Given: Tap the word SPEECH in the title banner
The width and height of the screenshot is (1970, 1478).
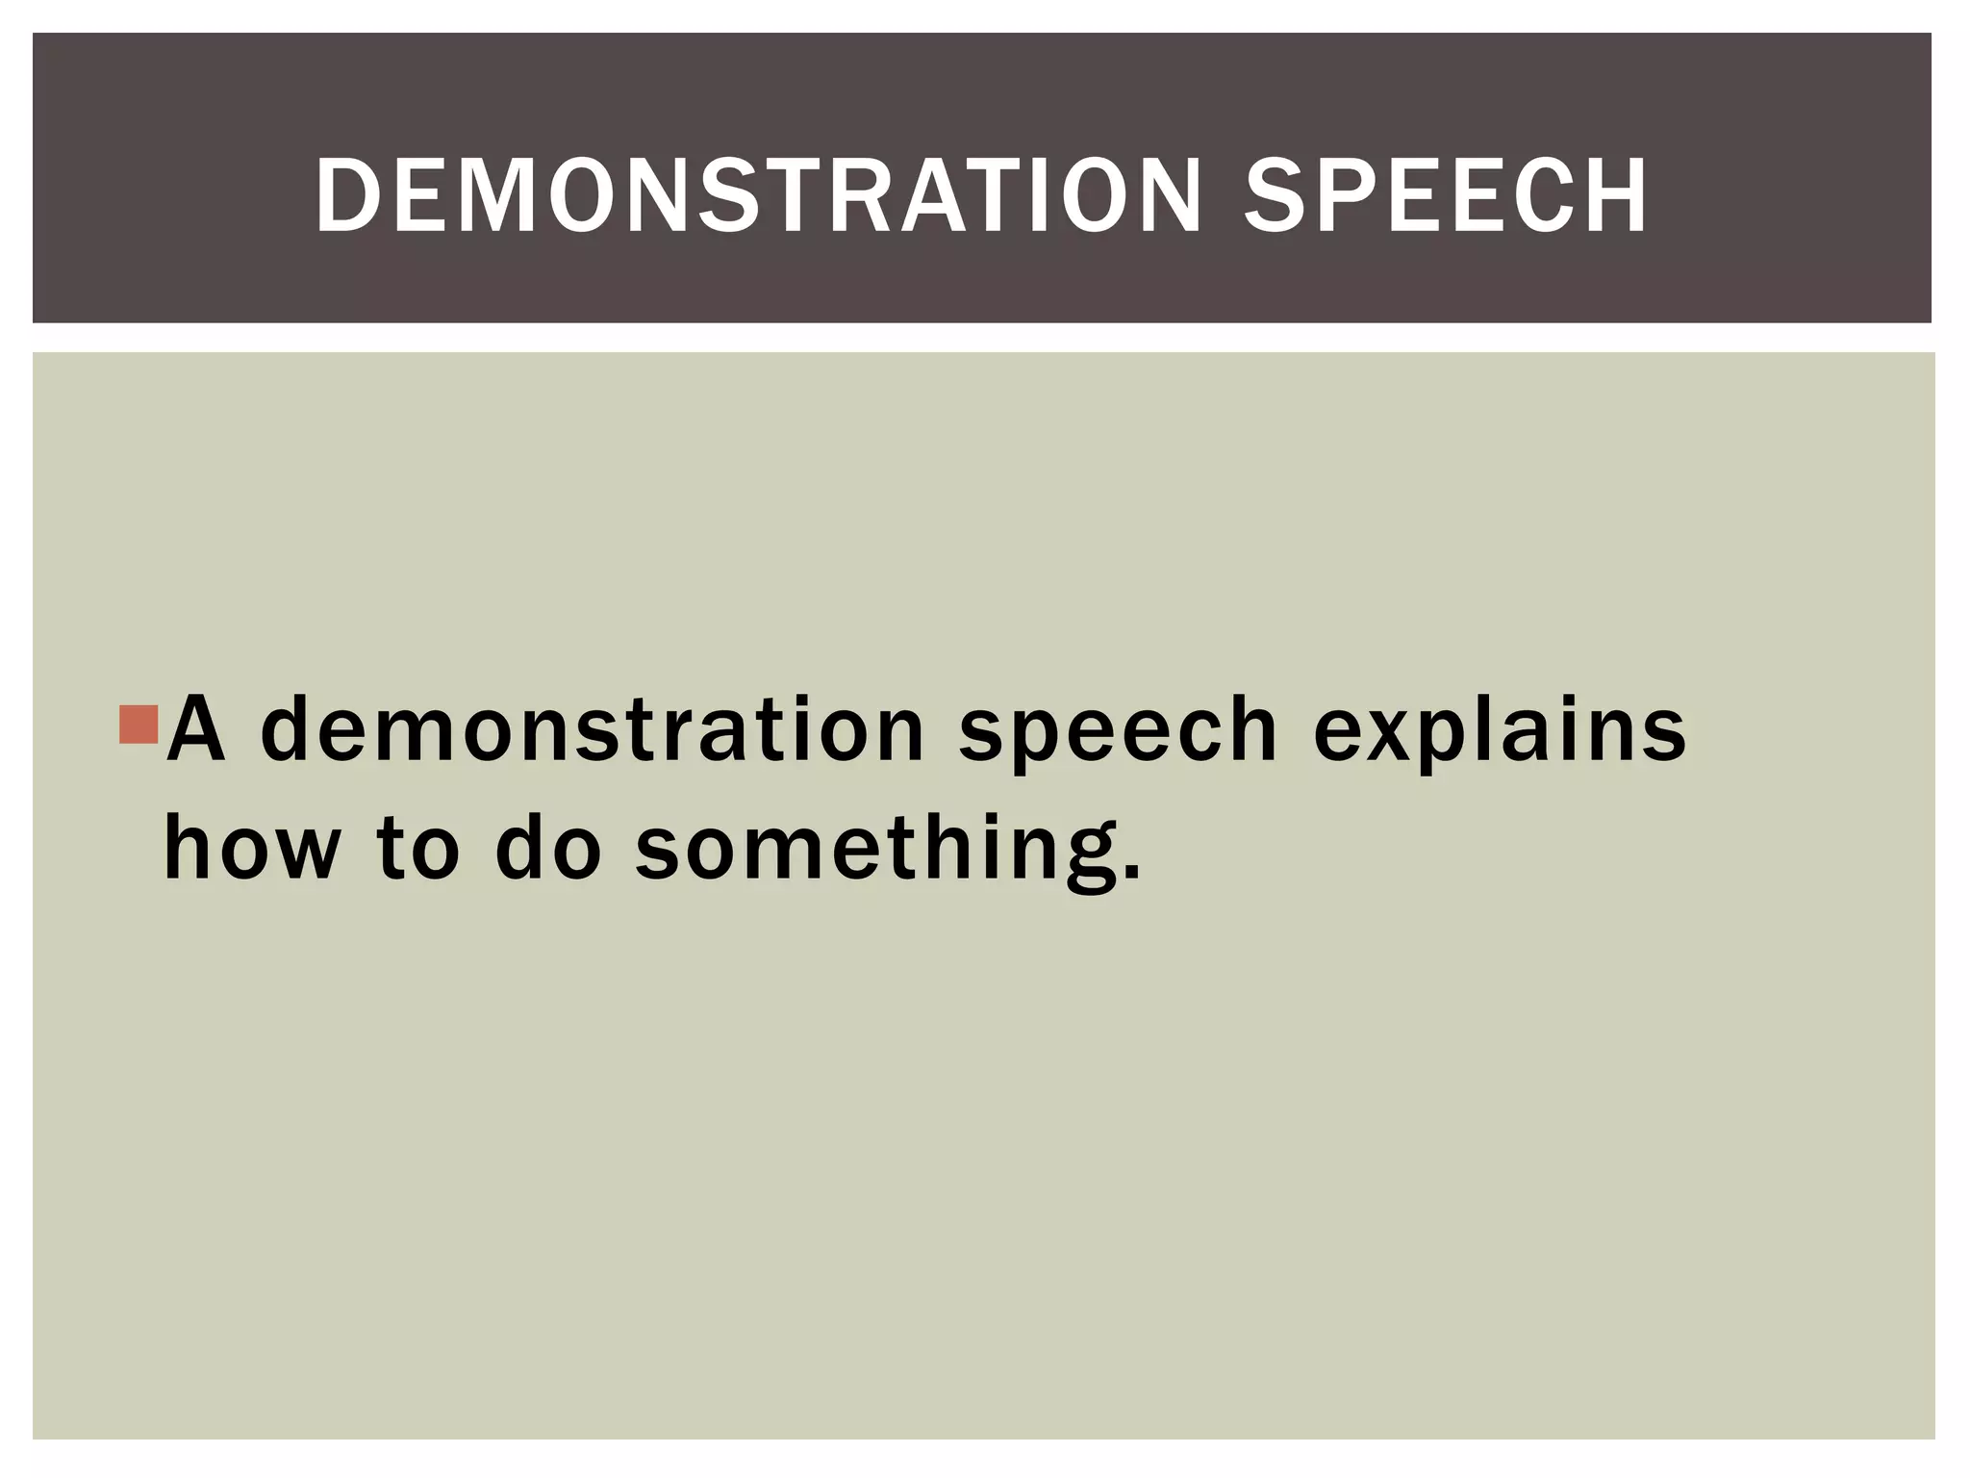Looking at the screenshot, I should click(x=1446, y=196).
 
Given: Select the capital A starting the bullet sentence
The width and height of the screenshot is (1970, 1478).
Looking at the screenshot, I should click(x=196, y=729).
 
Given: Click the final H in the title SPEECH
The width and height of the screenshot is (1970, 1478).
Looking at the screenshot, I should click(x=1616, y=196).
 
